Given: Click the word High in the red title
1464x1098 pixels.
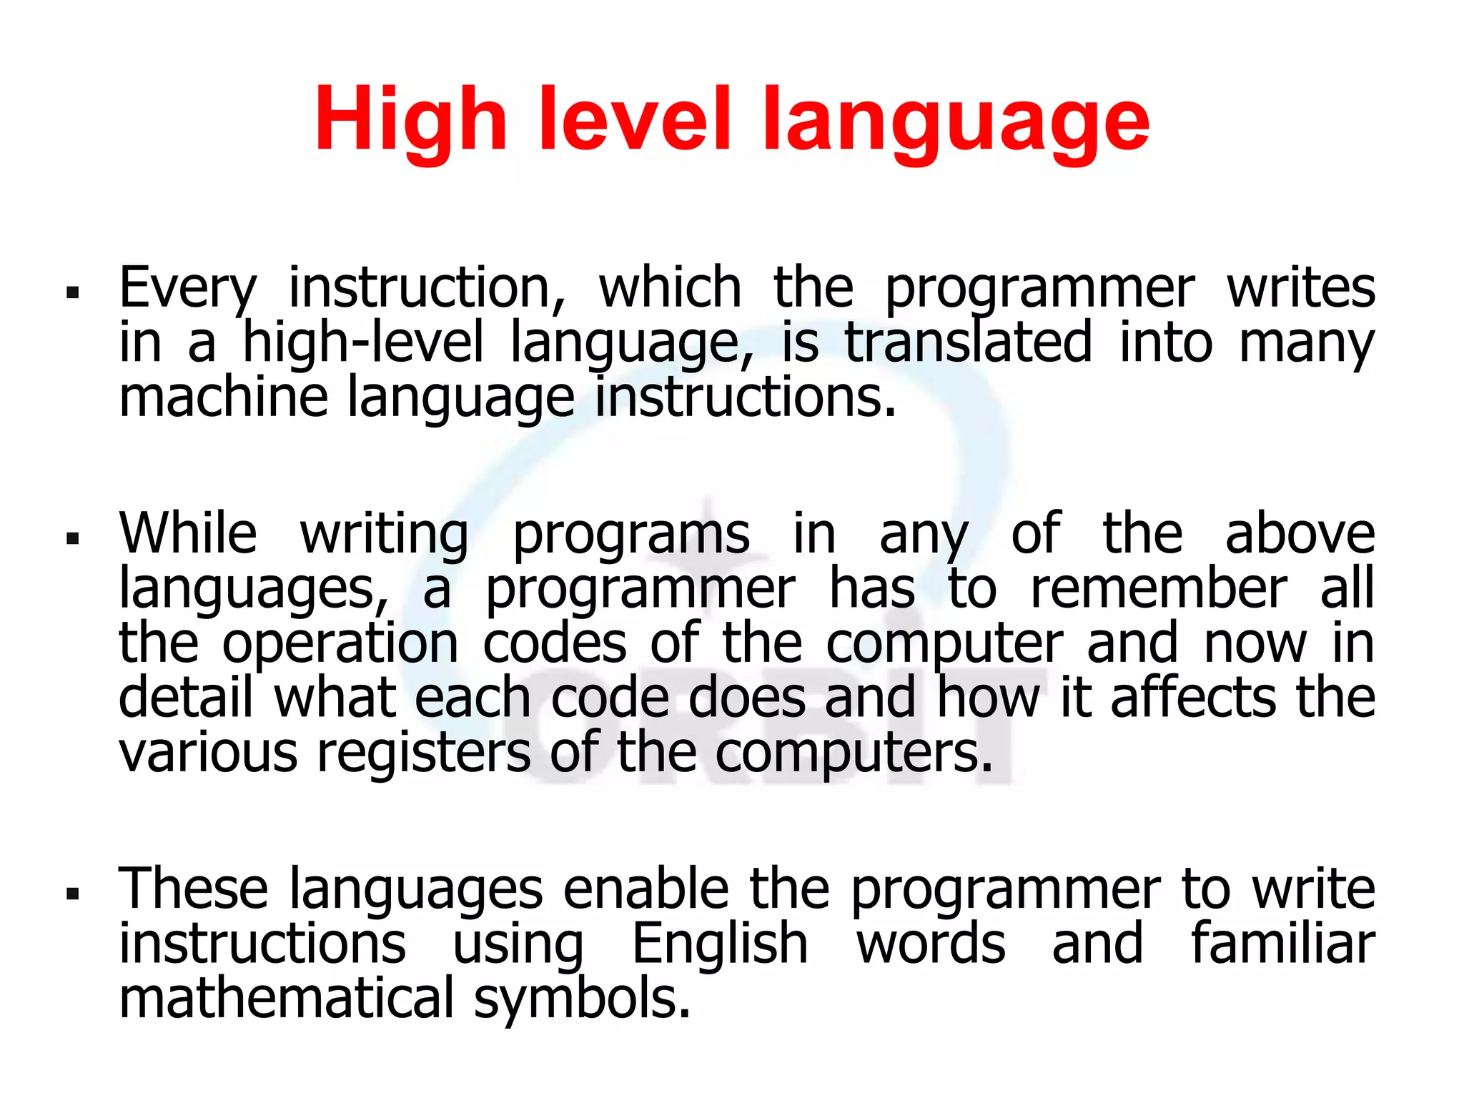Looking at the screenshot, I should pos(410,120).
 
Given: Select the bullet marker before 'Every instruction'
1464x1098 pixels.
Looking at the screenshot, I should pos(71,292).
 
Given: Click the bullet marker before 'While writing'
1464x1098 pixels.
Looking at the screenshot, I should pos(71,538).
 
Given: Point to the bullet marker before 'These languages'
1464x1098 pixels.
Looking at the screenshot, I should pos(71,892).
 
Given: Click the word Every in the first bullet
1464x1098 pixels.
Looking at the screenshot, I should pos(187,289).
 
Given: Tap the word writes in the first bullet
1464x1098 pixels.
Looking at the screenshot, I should pos(1301,287).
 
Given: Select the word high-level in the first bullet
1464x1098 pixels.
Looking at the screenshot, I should pos(363,343).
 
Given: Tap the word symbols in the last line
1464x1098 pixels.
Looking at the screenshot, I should pos(582,999).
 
